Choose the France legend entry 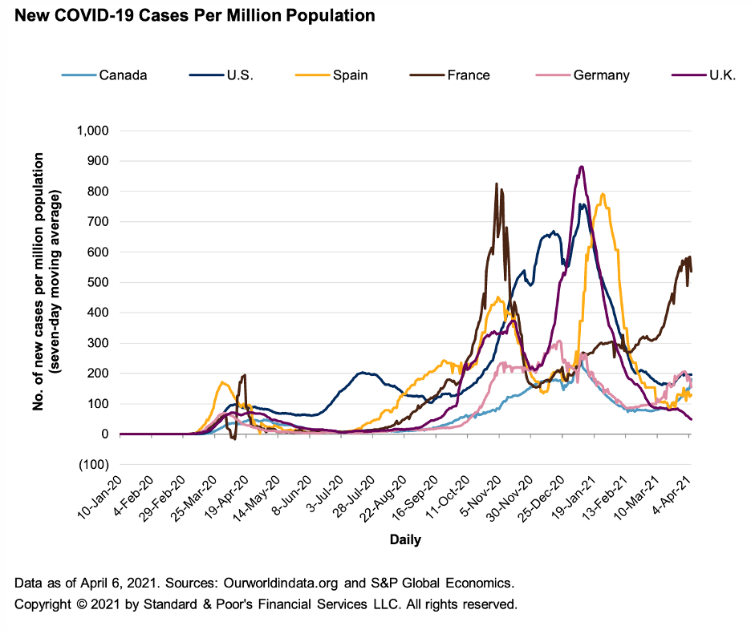[x=469, y=75]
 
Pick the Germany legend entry [x=601, y=75]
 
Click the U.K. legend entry [x=709, y=75]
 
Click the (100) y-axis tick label [x=95, y=465]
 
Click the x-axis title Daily [x=405, y=539]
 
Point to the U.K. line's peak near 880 [x=581, y=167]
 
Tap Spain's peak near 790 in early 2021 [x=602, y=194]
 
